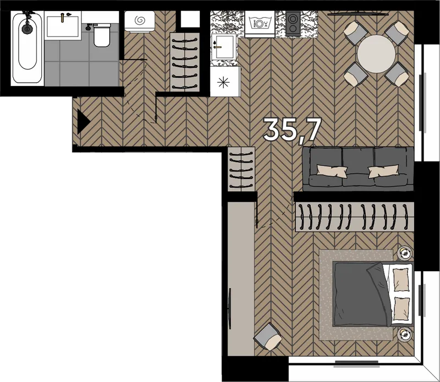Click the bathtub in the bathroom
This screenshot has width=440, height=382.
27,48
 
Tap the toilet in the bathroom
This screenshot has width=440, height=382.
101,35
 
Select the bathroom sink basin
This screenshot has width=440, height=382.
63,26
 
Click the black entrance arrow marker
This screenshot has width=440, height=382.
84,122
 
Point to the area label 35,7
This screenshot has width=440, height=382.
292,130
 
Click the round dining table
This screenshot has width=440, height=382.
376,53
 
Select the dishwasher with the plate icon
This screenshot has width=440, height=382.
260,24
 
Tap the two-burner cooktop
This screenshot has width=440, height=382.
293,23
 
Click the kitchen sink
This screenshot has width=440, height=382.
224,47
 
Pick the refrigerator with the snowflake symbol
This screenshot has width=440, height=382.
225,82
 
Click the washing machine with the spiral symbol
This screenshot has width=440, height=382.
140,21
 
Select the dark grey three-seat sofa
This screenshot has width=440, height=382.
358,169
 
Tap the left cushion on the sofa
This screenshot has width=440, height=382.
332,171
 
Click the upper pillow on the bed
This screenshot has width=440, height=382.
401,279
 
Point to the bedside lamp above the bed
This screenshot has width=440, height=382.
405,253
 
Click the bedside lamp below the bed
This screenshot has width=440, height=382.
405,334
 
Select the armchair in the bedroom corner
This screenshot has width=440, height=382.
268,336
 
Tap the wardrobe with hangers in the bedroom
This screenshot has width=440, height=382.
355,217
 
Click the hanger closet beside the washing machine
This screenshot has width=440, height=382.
185,62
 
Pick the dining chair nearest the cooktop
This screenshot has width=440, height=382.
355,34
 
